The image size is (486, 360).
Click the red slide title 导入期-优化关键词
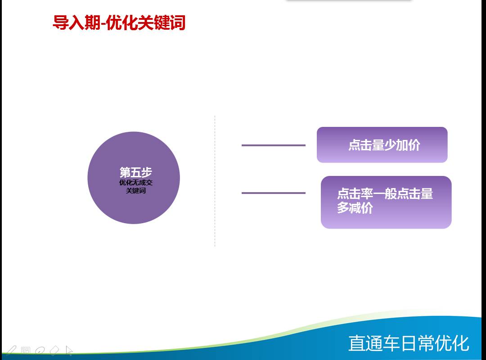(119, 22)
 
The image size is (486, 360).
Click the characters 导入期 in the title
(76, 22)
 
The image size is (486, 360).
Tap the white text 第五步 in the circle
(136, 172)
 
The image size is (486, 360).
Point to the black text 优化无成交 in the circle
(136, 183)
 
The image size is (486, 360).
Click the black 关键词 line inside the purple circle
(136, 190)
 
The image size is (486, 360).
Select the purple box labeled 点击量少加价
(382, 145)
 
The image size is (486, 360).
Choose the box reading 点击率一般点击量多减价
(386, 202)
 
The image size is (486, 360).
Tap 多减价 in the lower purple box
(355, 208)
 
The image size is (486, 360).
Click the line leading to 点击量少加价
(274, 145)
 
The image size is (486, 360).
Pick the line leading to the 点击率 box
(274, 193)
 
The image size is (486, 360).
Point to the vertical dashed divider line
(215, 181)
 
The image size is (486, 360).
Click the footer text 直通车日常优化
(409, 343)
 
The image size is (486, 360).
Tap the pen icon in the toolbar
(11, 351)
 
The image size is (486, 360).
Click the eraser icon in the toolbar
(54, 351)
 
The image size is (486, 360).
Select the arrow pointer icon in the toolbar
(69, 351)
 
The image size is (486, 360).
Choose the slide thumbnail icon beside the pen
(25, 351)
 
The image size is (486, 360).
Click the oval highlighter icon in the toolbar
(40, 351)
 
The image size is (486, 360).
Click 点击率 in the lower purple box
(355, 194)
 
